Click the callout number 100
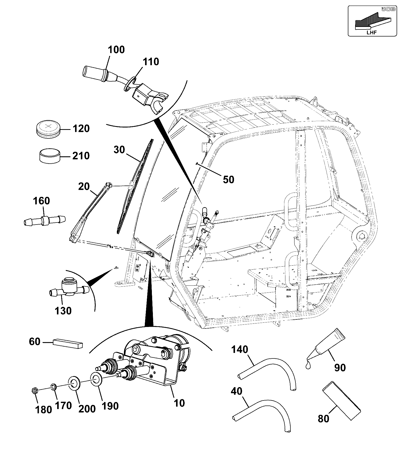pyautogui.click(x=116, y=50)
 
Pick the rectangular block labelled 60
pyautogui.click(x=68, y=344)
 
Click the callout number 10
pyautogui.click(x=179, y=403)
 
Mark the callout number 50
pyautogui.click(x=228, y=179)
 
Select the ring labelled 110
pyautogui.click(x=130, y=84)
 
